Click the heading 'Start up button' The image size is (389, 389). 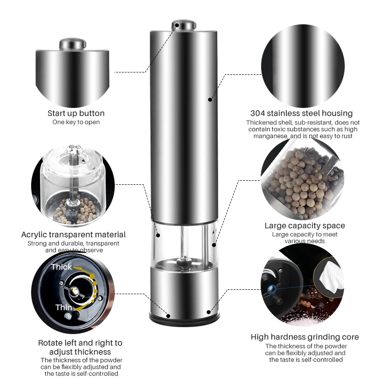[x=76, y=113]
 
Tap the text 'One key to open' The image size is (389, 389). [x=76, y=122]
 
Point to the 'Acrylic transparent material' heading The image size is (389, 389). [x=73, y=234]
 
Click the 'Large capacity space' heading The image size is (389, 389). [x=305, y=226]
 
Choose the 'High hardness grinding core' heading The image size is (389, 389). [x=305, y=337]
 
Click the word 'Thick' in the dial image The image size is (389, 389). [x=61, y=267]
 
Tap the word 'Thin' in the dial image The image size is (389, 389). [x=64, y=307]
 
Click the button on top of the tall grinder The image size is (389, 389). [x=183, y=24]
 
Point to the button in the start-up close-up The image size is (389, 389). [x=72, y=45]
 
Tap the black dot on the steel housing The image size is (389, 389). [x=210, y=100]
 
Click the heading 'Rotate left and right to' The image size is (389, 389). [x=80, y=343]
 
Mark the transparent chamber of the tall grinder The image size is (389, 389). [x=183, y=246]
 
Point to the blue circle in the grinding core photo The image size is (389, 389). [x=271, y=290]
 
